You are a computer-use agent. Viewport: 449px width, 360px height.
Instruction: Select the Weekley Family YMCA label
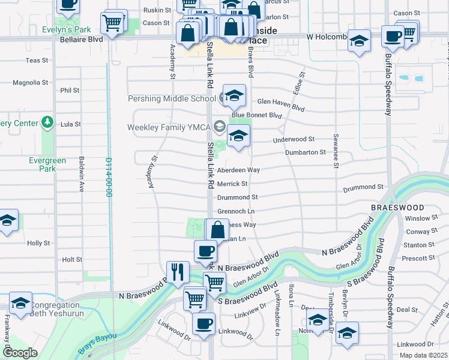pos(167,127)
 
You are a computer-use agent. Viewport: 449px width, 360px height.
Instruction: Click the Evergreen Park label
pos(43,164)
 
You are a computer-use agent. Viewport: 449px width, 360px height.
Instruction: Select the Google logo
pos(20,353)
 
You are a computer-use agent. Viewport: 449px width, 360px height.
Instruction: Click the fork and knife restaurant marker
pos(177,271)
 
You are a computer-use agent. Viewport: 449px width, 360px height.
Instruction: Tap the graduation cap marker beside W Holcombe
pos(359,41)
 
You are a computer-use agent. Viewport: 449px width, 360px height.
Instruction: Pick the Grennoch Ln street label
pos(236,211)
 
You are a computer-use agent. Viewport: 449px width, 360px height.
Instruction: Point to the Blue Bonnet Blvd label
pos(257,115)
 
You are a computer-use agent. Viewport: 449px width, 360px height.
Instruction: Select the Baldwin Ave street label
pos(81,174)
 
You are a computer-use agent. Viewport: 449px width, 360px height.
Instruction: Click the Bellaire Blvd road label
pos(82,39)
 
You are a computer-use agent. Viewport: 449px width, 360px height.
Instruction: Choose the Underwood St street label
pos(294,139)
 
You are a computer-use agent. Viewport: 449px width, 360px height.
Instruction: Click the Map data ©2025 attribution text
pos(424,355)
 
